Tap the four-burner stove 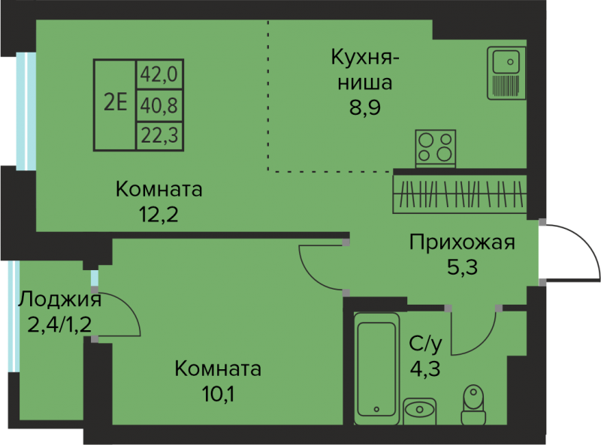[436, 146]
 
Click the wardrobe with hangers [459, 193]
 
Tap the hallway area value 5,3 [461, 266]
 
